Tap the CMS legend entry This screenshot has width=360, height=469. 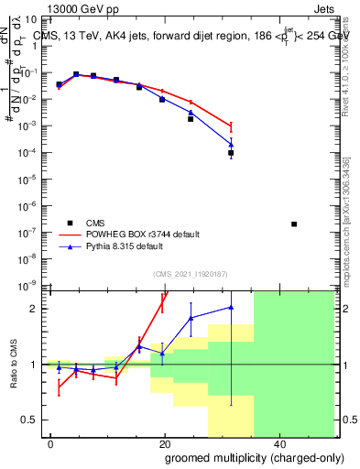pyautogui.click(x=96, y=223)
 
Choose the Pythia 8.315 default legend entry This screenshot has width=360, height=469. pyautogui.click(x=125, y=246)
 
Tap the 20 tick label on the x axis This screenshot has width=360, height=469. pyautogui.click(x=164, y=443)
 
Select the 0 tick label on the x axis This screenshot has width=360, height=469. pyautogui.click(x=51, y=443)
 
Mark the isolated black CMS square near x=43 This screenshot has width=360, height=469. pyautogui.click(x=293, y=224)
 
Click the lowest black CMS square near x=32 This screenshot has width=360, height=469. pyautogui.click(x=231, y=153)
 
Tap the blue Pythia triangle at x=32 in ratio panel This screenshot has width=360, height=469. pyautogui.click(x=231, y=307)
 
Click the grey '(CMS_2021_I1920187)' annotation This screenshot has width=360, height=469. pyautogui.click(x=190, y=273)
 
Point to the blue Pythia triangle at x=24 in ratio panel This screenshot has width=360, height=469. pyautogui.click(x=191, y=318)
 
